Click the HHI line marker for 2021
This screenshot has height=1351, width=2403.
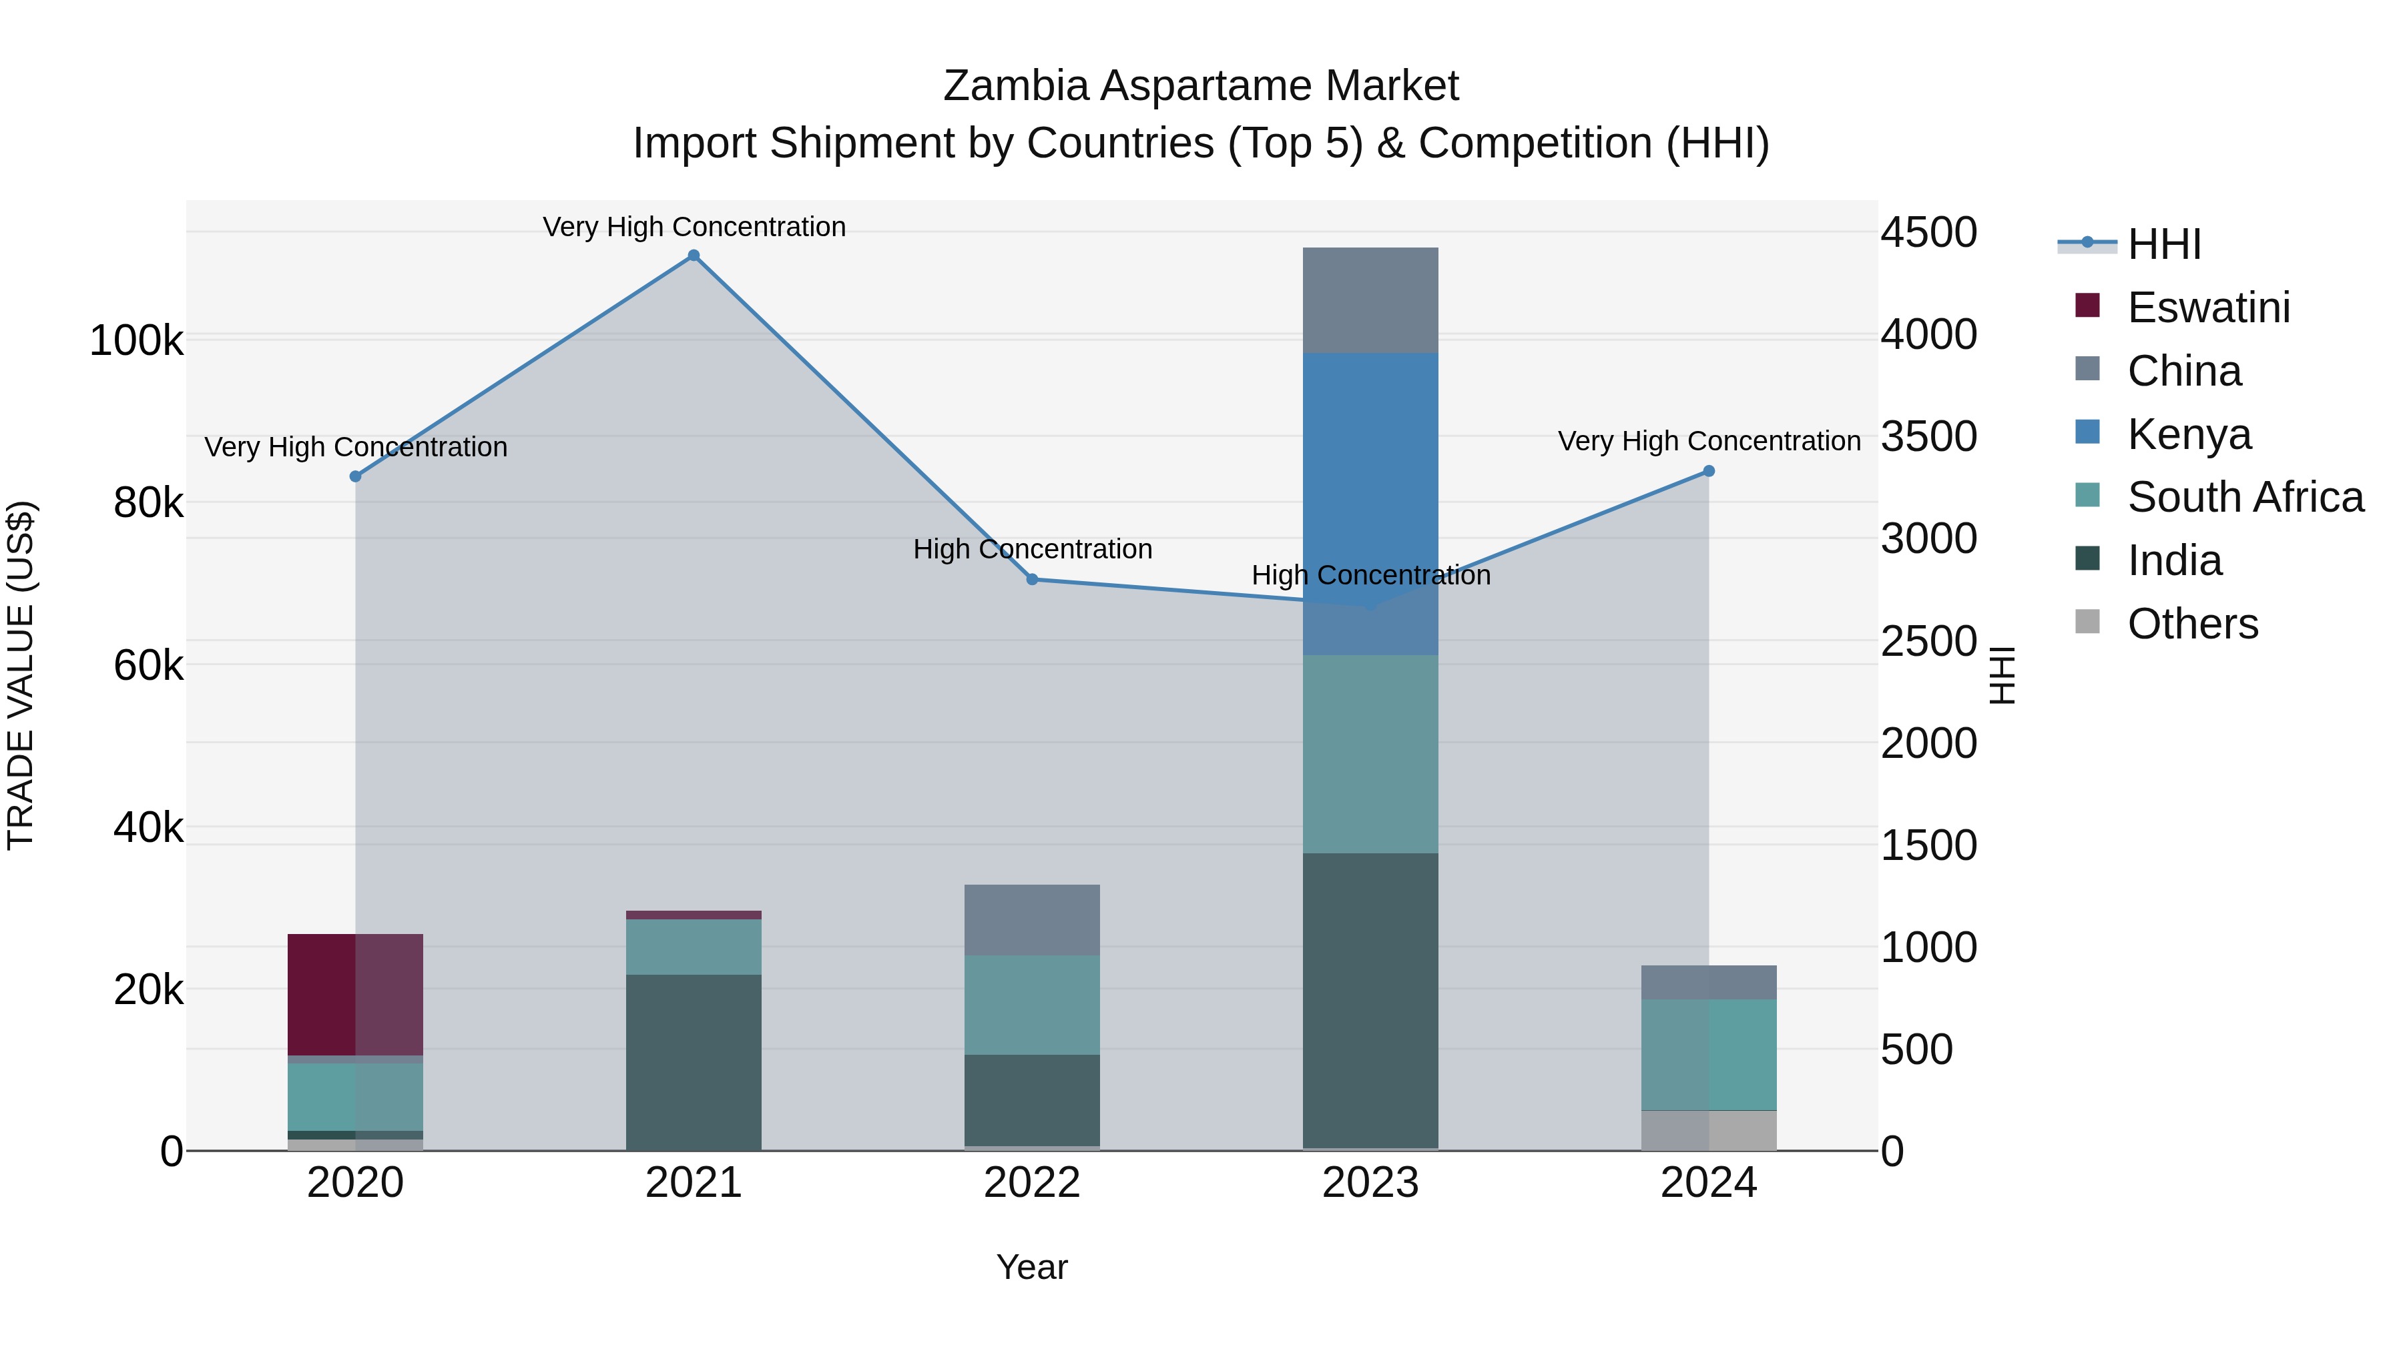pos(693,256)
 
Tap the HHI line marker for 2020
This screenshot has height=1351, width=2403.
pos(355,476)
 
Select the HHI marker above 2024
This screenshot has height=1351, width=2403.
pos(1709,471)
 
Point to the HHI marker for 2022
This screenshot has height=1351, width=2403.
pos(1032,579)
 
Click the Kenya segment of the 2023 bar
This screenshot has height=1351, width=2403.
pos(1370,504)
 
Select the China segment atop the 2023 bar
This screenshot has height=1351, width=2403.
pos(1370,300)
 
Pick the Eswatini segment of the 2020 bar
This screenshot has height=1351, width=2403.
pos(355,995)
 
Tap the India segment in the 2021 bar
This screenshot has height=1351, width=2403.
pos(693,1062)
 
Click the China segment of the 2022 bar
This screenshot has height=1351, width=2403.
pos(1032,919)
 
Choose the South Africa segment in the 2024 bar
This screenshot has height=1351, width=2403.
pos(1709,1055)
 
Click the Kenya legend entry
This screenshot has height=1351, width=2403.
pos(2189,434)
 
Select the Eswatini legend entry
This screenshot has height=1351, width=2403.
pos(2207,308)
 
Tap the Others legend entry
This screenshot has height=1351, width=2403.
pos(2192,624)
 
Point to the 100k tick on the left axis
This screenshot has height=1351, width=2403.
pos(136,341)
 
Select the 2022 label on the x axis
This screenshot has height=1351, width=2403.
pos(1032,1183)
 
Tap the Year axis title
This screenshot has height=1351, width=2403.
pos(1032,1267)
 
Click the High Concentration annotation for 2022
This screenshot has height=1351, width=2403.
pos(1033,549)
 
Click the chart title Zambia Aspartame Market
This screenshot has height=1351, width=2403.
pos(1201,86)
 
